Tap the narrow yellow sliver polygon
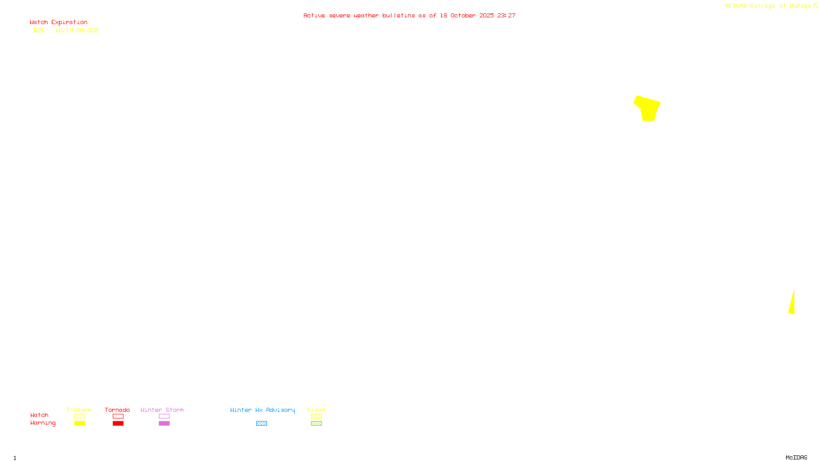click(792, 304)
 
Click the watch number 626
click(39, 30)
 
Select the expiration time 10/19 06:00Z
click(76, 30)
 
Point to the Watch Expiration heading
click(58, 23)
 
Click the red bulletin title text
click(409, 15)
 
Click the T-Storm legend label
click(79, 410)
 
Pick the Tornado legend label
click(117, 410)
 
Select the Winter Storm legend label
click(162, 410)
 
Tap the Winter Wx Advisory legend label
click(262, 410)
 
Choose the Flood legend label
click(316, 410)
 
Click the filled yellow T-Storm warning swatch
click(79, 424)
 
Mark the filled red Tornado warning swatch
click(118, 424)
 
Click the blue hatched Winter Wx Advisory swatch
click(261, 424)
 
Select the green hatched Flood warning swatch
click(316, 424)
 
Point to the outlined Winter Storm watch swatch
click(164, 416)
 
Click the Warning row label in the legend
click(43, 423)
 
